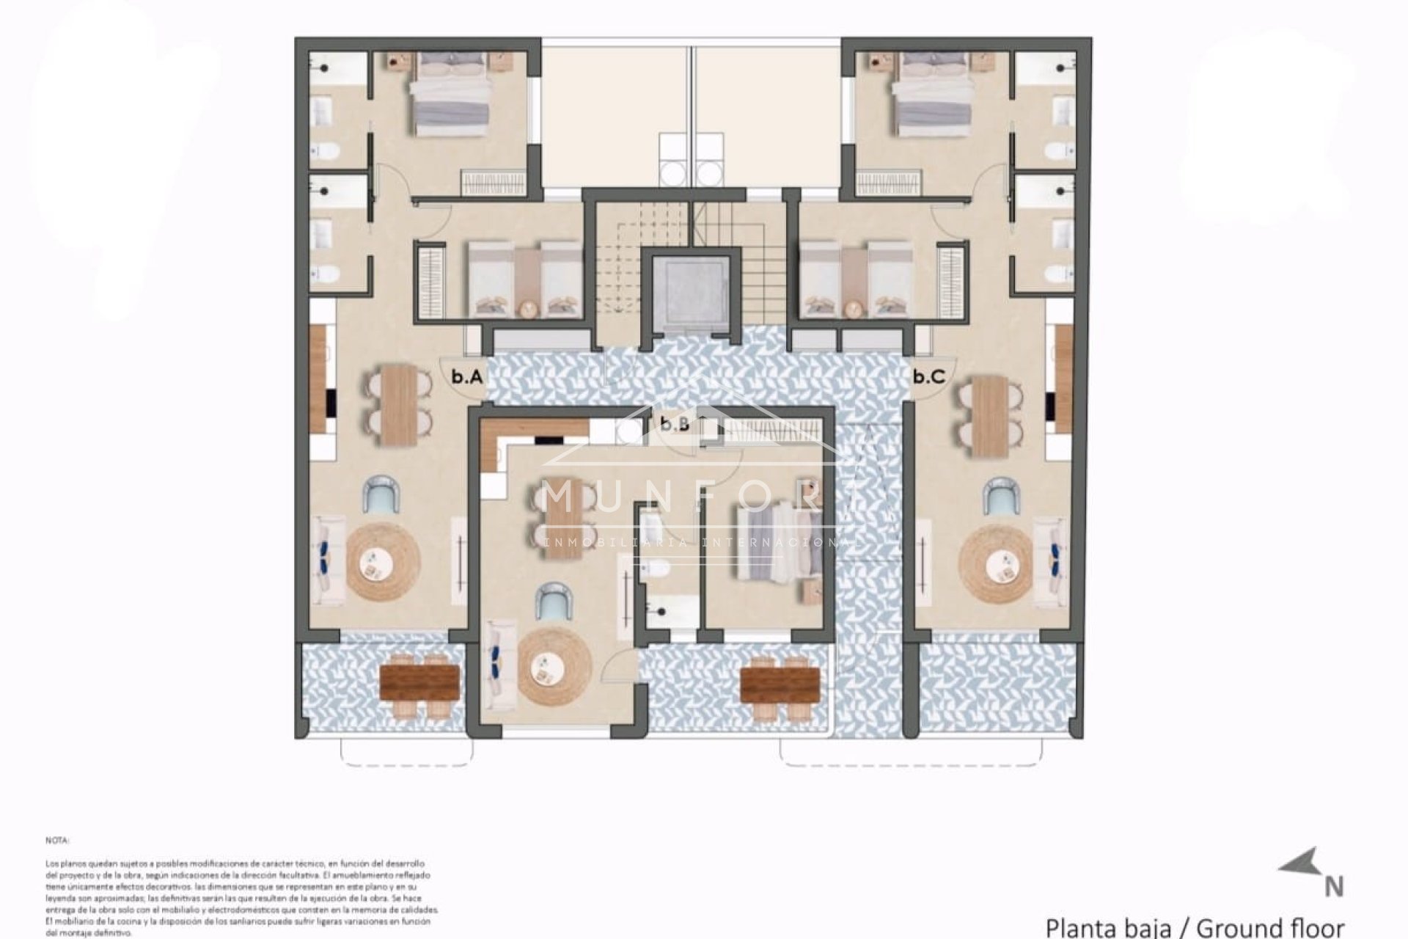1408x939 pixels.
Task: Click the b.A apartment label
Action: pos(466,378)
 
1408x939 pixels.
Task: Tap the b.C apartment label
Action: pos(928,378)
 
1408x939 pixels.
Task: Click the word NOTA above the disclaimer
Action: pos(56,840)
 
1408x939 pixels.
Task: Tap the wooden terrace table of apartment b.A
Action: pos(419,682)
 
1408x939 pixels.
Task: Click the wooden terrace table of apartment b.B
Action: pos(779,684)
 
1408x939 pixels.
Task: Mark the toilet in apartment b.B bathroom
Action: pos(655,569)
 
